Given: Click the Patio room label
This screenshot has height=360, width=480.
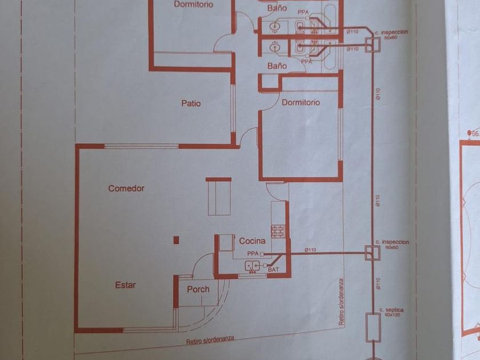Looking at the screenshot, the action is [x=191, y=103].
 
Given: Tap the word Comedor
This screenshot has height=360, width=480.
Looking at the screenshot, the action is [x=126, y=188].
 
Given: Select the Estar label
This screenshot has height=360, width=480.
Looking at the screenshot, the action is [x=125, y=285].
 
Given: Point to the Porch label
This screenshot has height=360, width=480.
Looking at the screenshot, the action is [x=198, y=289].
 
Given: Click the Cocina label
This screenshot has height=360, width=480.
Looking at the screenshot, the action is [x=252, y=241].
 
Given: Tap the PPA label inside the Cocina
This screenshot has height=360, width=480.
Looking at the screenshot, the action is [x=253, y=253].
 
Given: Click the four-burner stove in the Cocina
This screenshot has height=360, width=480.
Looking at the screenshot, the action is [x=278, y=231].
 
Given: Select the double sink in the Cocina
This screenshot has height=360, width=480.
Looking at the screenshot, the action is [x=253, y=265].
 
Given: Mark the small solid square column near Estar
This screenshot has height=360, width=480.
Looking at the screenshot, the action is [x=177, y=240].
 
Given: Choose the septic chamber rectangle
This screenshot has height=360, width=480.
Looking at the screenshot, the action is [x=373, y=327].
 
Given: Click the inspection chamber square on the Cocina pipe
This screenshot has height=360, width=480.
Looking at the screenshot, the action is [x=373, y=253].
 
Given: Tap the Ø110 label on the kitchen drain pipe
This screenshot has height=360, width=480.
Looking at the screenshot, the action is [x=311, y=249].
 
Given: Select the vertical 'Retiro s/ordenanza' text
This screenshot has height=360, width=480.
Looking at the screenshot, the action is [x=341, y=302].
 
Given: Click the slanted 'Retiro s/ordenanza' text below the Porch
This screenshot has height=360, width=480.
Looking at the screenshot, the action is [x=210, y=341].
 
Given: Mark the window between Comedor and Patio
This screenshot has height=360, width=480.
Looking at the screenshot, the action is [x=142, y=146].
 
